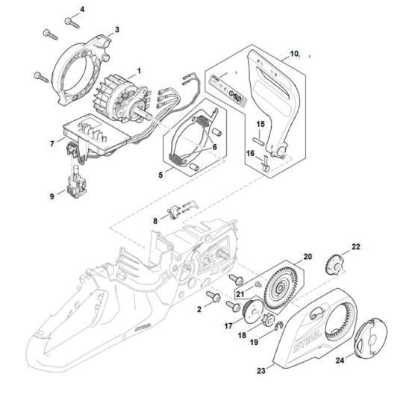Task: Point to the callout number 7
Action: pos(52,143)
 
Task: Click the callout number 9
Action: pos(52,196)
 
